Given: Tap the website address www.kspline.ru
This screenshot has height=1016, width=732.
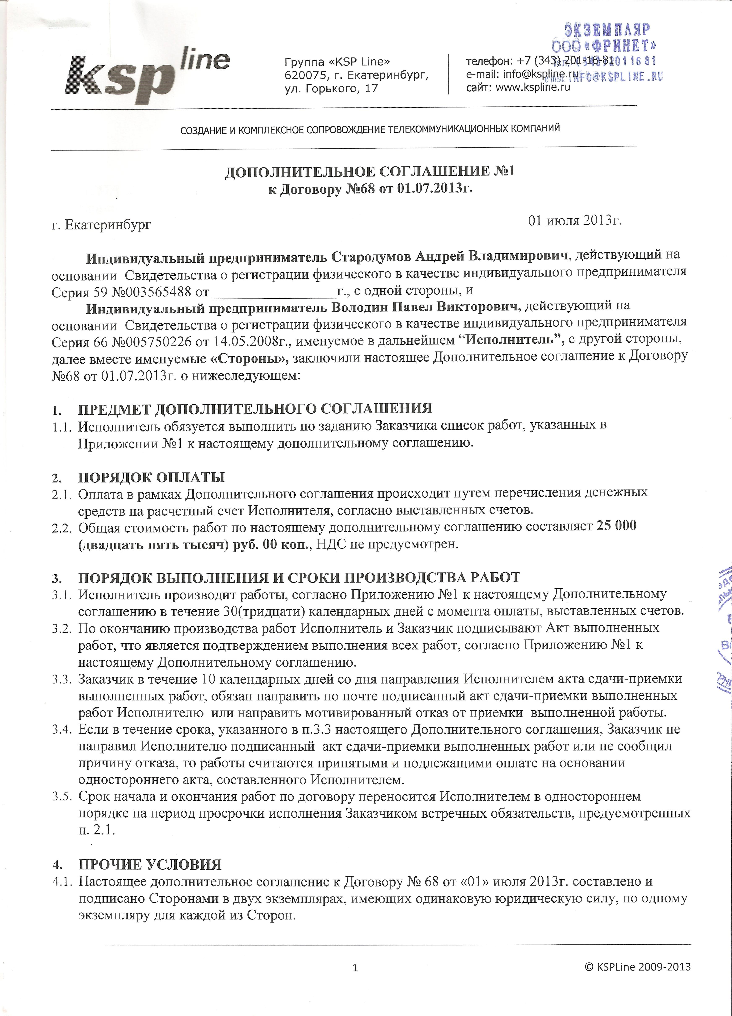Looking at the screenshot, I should click(533, 88).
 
